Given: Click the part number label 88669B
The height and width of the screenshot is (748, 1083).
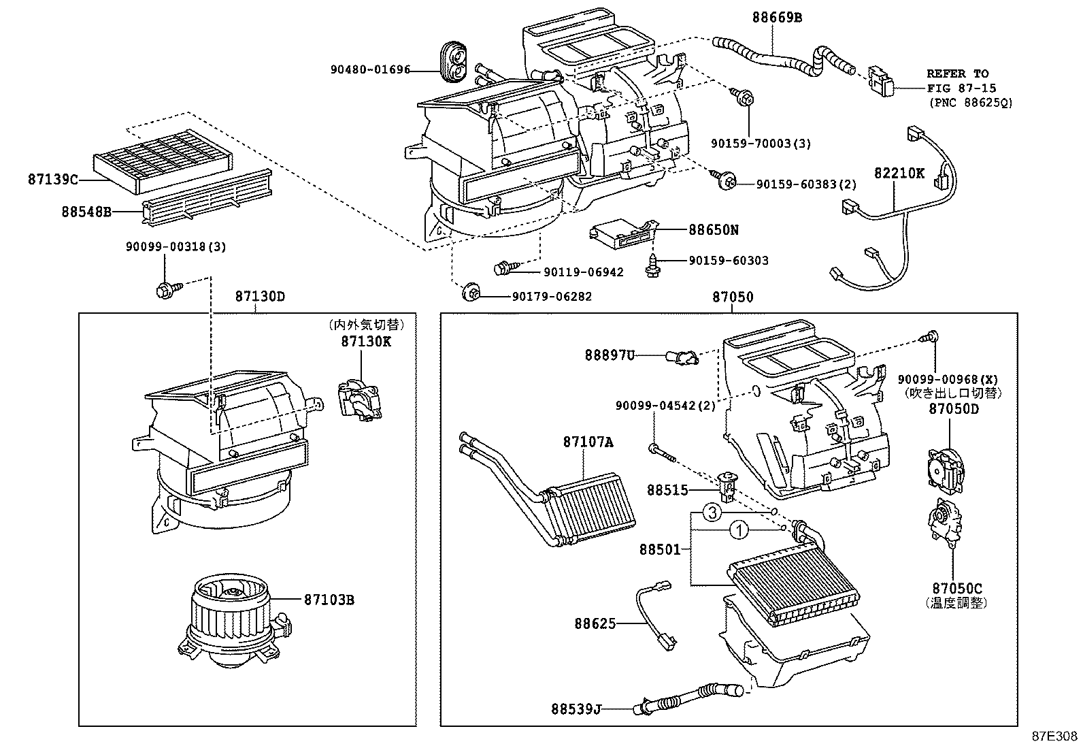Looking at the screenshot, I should (776, 18).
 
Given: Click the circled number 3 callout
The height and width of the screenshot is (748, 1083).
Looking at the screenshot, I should (711, 513).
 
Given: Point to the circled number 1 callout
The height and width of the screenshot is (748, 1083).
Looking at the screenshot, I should (739, 530).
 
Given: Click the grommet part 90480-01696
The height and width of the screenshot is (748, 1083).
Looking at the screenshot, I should (454, 61).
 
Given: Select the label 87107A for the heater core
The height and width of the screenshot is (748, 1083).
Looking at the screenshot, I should (588, 442).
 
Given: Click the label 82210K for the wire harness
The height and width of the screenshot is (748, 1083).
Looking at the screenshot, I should (899, 173).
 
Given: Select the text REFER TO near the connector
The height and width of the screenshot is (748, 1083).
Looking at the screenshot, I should (957, 74).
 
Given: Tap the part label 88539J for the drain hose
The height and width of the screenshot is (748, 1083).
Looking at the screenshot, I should (576, 709).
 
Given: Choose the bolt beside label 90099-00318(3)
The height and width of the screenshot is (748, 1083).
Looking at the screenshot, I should (165, 291).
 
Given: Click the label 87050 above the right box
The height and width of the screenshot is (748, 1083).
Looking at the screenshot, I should (733, 297).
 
